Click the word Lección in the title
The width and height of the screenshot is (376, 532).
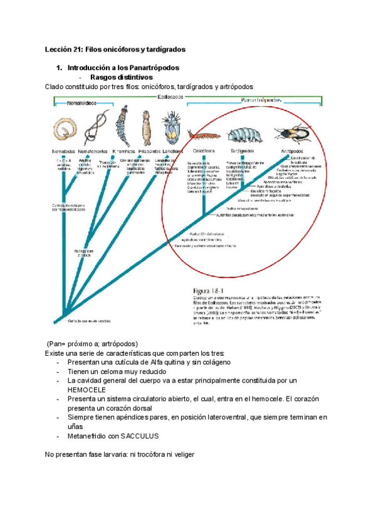60,48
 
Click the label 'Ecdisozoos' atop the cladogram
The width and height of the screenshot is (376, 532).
170,97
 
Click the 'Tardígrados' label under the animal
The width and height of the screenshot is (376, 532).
241,151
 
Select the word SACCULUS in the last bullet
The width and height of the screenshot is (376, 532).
138,435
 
